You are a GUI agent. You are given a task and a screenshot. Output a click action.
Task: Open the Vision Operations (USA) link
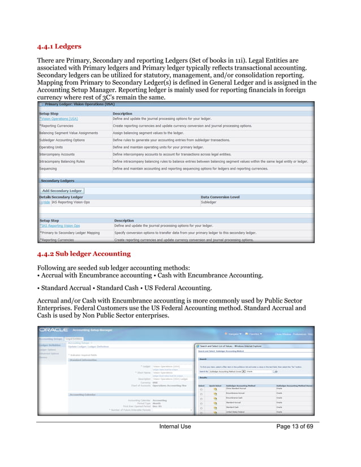tap(59, 119)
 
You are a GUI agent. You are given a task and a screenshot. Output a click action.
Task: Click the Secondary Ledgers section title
tap(57, 181)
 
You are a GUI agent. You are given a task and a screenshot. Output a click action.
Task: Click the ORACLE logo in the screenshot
tap(53, 328)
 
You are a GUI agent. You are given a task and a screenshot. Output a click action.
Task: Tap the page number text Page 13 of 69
tap(289, 426)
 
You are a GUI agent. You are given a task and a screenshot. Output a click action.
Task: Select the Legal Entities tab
tap(74, 339)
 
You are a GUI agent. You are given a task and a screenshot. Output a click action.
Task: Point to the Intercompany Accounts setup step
tap(57, 154)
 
